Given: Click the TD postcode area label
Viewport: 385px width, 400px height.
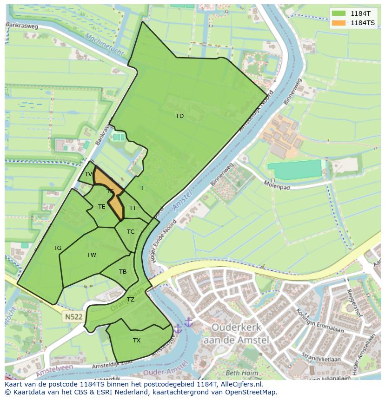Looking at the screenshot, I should (179, 116).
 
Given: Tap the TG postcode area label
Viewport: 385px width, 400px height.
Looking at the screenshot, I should (57, 248).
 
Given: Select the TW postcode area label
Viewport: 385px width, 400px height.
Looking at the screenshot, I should (92, 255).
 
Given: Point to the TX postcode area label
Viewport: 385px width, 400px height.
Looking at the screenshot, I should (137, 341).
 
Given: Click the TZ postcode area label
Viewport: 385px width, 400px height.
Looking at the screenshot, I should (131, 300).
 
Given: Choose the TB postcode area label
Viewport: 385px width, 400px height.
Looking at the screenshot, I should (123, 272).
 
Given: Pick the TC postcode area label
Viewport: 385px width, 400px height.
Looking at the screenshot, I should (131, 232).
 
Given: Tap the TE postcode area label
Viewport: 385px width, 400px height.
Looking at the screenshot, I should (102, 207).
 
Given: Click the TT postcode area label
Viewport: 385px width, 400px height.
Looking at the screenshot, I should (133, 208).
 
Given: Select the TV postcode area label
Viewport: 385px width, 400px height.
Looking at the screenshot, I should (88, 174).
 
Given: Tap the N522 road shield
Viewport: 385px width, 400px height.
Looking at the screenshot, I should (73, 317).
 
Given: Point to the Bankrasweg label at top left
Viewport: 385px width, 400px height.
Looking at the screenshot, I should (22, 26).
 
